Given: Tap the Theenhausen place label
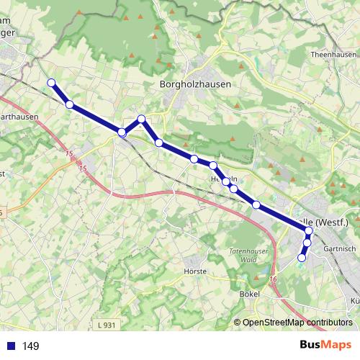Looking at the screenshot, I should coord(333,55).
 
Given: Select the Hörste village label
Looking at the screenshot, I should coord(196,271).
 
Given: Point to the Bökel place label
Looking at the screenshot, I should coord(248,294).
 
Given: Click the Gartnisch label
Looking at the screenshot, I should coord(341,248).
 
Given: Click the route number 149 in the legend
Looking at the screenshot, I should coord(30,346).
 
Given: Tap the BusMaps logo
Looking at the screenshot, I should coord(325,345).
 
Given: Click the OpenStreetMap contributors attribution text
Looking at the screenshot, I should coord(297,323).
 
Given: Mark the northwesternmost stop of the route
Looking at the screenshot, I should coord(51,83).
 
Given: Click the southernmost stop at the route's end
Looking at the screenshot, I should coord(302,258).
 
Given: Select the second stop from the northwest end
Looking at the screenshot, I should coord(69,104).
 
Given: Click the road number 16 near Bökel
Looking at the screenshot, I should coord(274,279).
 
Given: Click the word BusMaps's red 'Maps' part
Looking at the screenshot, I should coord(338,345).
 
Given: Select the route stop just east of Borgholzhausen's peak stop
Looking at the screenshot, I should coord(159,143).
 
